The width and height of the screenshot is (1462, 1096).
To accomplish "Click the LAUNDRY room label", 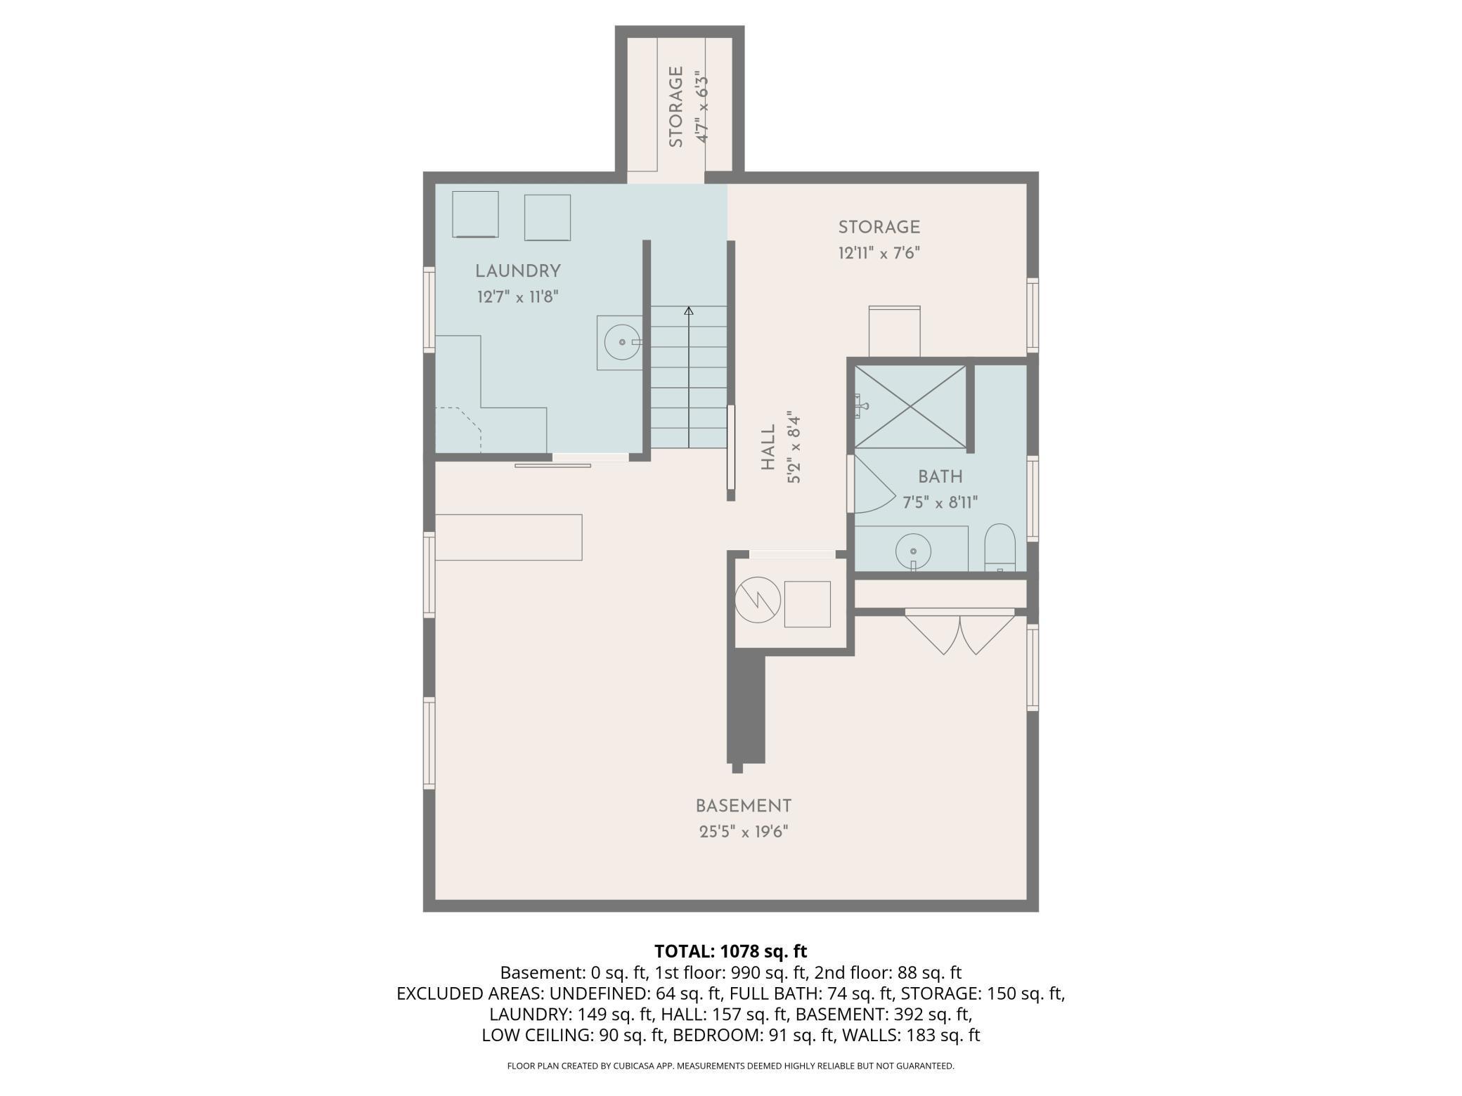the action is point(517,271).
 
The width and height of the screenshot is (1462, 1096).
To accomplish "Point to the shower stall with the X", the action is point(910,407).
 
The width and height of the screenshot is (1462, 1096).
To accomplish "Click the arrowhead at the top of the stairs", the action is point(689,311).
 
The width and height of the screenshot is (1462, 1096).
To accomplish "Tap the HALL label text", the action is point(768,448).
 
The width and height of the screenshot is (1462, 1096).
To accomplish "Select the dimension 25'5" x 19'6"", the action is point(744,832).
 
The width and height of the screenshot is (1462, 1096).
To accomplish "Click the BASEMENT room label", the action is point(744,806).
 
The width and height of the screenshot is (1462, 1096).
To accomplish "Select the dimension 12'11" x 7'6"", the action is point(879,253).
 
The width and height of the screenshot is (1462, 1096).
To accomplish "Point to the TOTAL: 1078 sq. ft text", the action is point(731,951).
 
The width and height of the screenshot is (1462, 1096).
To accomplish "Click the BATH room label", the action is point(940,477).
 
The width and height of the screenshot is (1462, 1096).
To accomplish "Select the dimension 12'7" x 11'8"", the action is point(518,297).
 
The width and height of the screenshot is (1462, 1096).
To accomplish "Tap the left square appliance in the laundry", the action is point(475,214).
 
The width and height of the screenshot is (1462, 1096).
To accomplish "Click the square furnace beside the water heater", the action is point(808,604).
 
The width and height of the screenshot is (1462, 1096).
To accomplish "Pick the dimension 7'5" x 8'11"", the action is point(940,503).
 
